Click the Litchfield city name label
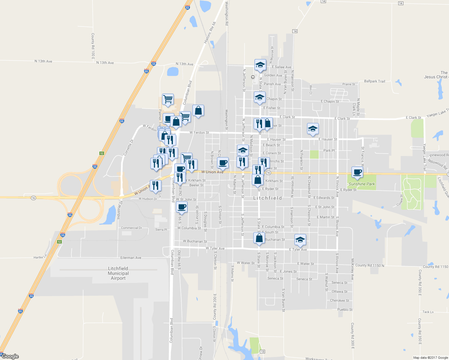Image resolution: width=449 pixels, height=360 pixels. [267, 198]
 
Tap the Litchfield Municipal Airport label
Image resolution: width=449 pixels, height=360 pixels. [118, 273]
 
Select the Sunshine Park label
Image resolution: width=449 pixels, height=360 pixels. [362, 184]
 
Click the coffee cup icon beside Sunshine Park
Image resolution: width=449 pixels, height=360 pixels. [357, 172]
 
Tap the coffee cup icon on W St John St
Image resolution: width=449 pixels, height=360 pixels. [182, 207]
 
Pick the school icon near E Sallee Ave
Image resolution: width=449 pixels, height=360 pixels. [260, 65]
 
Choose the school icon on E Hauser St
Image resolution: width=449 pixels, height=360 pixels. [312, 129]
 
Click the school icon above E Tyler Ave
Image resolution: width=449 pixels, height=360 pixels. [300, 239]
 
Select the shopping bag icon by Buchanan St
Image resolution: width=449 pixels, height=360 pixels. [259, 238]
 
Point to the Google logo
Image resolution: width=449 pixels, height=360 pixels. [10, 356]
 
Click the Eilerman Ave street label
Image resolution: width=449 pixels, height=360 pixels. [131, 258]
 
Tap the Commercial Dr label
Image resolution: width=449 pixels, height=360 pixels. [131, 228]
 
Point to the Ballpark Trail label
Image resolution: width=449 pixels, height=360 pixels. [374, 81]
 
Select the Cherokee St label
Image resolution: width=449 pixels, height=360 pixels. [339, 301]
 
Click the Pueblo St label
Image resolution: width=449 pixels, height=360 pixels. [345, 310]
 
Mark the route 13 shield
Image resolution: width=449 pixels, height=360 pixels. [263, 352]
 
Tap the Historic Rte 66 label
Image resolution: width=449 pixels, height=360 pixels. [210, 32]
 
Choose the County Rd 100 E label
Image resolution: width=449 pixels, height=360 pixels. [93, 46]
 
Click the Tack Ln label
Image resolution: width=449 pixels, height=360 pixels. [428, 312]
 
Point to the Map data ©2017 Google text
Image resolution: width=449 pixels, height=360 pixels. [430, 358]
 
